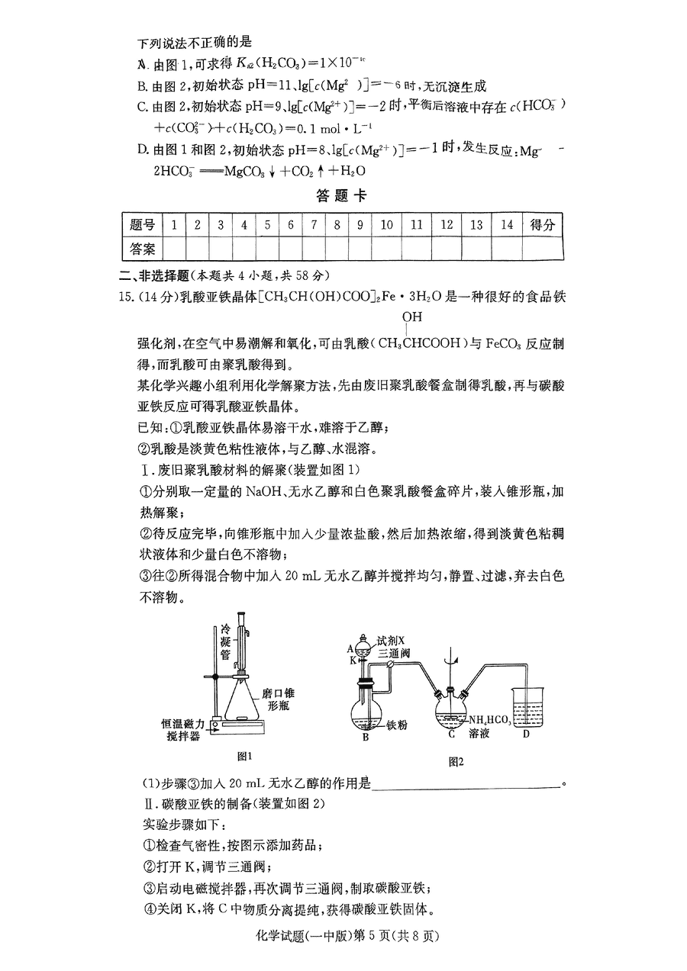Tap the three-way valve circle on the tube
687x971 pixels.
(389, 662)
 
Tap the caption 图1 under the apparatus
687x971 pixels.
(244, 756)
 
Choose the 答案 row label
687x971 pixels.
(143, 249)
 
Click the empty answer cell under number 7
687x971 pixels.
(314, 249)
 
